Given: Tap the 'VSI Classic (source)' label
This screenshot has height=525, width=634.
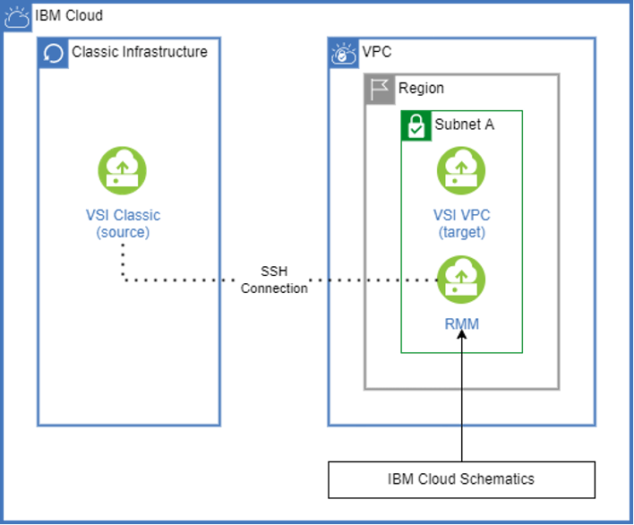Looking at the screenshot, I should [123, 223].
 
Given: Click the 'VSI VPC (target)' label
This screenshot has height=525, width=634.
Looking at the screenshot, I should [461, 223].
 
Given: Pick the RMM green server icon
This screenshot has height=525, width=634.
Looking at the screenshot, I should [461, 280].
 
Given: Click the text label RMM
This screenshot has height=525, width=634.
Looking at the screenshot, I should [461, 323].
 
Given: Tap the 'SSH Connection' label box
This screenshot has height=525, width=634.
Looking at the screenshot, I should [274, 280].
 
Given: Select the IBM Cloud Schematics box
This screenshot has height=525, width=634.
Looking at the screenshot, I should [461, 479].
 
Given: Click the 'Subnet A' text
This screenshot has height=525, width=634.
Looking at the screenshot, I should [464, 125].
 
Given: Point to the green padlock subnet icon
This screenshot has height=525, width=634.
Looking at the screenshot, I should [415, 125].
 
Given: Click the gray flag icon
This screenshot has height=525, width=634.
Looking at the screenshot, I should [379, 89].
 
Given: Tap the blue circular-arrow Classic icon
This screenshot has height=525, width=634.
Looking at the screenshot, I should [54, 54].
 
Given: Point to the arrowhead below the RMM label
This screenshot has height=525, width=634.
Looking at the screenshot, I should [462, 337].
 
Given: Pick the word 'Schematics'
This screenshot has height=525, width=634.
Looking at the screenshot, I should [496, 479].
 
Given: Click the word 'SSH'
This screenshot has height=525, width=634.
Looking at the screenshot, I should [274, 271].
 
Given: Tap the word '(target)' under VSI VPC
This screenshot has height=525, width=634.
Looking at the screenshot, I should [461, 232].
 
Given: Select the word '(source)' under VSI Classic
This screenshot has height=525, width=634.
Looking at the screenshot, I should [123, 232].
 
